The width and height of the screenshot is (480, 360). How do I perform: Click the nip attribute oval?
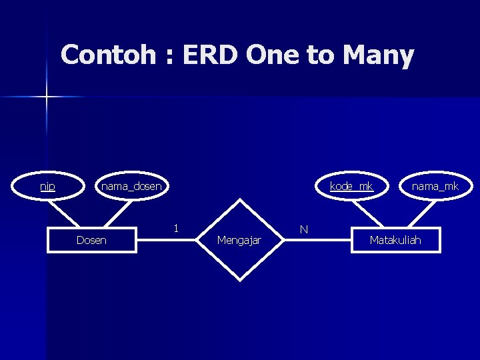coord(47,187)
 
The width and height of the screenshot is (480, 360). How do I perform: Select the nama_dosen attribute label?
coord(131,187)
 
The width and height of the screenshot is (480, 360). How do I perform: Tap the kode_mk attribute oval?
coord(351,187)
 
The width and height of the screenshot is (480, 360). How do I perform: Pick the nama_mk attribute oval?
coord(435,187)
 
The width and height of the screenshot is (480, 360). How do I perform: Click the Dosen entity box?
coord(91,240)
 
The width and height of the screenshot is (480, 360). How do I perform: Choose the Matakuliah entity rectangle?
coord(395,240)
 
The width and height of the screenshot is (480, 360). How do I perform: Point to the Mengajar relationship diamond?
coord(239,239)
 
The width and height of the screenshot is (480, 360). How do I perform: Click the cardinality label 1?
coord(175,228)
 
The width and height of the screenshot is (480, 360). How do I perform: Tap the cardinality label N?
coord(303,229)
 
